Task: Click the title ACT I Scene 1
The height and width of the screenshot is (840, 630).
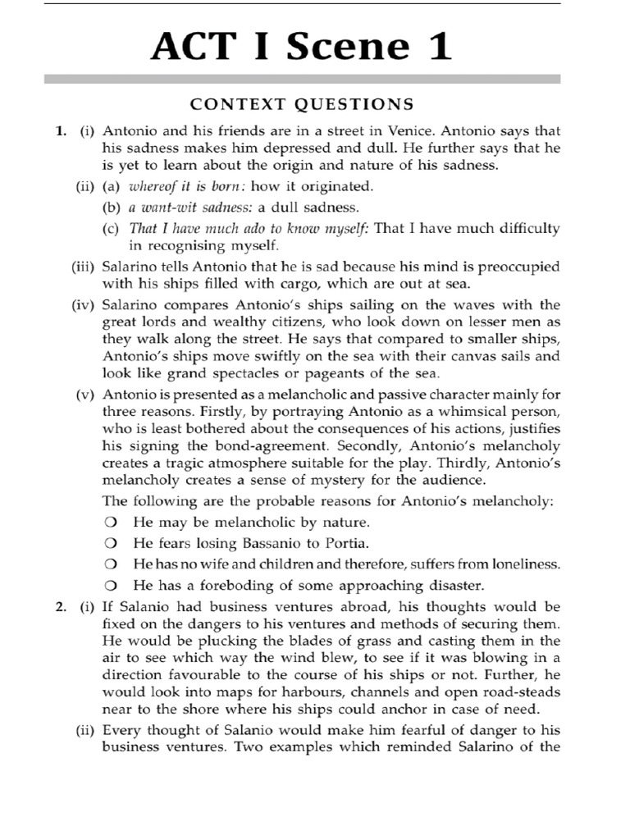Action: click(x=301, y=47)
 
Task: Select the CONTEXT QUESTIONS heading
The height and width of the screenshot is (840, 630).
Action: click(x=302, y=104)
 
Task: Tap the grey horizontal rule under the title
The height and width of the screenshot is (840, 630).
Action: click(x=302, y=80)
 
